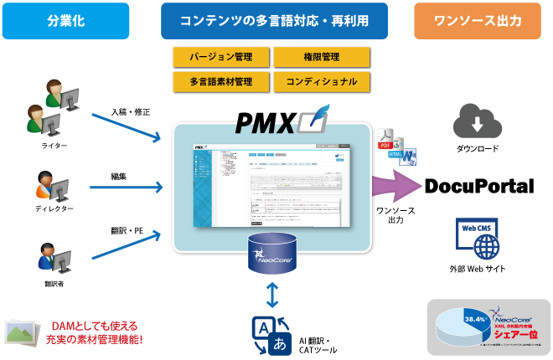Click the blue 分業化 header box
[x=65, y=20]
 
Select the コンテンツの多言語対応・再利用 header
[x=275, y=20]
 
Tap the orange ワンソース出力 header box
[x=477, y=20]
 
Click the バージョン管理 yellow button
[x=222, y=57]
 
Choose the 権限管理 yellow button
[x=322, y=57]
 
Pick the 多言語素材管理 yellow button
[x=222, y=81]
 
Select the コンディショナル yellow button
[x=322, y=81]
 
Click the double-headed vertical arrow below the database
[x=272, y=294]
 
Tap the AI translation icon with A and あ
[x=271, y=333]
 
